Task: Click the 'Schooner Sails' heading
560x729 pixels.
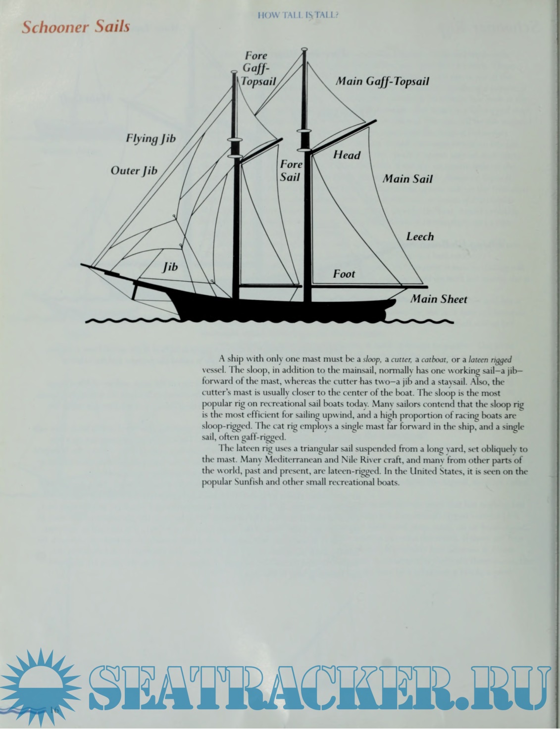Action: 76,26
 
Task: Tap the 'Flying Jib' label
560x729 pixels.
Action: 151,139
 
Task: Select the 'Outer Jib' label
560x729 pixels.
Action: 134,171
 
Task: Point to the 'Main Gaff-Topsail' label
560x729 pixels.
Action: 382,81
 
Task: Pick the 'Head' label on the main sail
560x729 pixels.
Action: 347,155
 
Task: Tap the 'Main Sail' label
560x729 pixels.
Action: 407,179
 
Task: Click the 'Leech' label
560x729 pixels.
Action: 420,237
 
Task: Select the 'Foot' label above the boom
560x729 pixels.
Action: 344,274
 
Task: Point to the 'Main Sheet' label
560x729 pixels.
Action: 439,299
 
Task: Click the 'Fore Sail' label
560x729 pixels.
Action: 291,170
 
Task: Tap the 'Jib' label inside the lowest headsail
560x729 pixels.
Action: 170,267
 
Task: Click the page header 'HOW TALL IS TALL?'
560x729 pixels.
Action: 298,15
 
